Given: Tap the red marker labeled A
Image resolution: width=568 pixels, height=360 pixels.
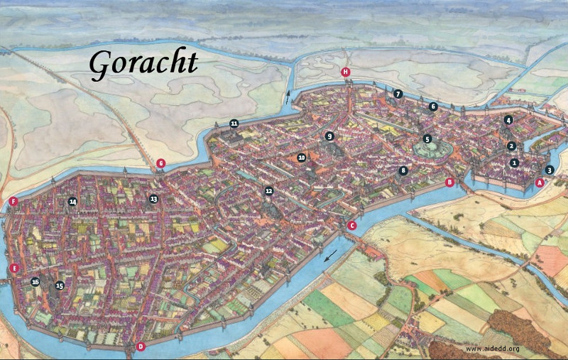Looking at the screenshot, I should click(540, 182).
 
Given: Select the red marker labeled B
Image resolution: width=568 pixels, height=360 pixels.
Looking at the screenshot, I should click(449, 182).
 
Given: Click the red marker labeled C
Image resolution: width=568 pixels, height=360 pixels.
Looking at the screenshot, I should click(351, 226).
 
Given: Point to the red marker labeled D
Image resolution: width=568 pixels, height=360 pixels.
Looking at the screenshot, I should click(141, 347).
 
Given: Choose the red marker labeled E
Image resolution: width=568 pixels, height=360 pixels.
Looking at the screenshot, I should click(14, 268).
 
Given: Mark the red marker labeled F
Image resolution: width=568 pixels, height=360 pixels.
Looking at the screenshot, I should click(13, 202).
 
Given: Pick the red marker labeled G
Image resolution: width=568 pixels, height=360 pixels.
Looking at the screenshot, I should click(161, 163).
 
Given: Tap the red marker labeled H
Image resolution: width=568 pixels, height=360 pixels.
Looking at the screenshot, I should click(346, 72).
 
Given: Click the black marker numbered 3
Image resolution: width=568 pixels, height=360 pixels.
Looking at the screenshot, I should click(549, 170).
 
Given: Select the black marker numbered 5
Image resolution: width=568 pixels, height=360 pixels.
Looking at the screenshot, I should click(427, 139).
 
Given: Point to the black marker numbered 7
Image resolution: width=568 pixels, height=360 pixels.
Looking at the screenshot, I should click(398, 94).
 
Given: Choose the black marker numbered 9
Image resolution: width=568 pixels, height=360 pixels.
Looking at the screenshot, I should click(329, 136).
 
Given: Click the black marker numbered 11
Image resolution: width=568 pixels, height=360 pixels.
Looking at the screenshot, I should click(234, 124).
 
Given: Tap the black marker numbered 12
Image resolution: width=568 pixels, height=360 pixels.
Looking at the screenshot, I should click(268, 190).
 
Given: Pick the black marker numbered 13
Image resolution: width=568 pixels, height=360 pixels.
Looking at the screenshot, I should click(153, 200).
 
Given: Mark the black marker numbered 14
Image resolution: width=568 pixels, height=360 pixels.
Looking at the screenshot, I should click(72, 202).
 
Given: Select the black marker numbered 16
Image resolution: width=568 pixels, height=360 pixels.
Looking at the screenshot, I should click(35, 282).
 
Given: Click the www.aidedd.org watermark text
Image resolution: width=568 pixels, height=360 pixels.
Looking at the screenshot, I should click(493, 349).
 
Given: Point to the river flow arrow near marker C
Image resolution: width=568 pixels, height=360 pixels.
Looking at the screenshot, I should click(329, 256).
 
